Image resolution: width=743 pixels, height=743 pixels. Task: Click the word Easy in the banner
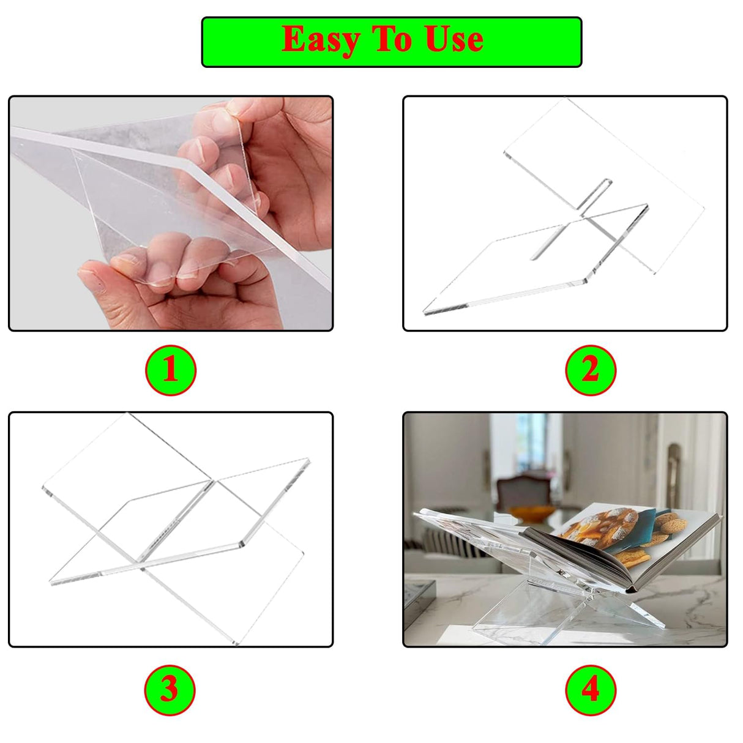pos(321,40)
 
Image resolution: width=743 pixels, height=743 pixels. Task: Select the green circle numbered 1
pos(171,370)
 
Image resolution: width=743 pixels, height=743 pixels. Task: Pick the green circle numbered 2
pos(591,370)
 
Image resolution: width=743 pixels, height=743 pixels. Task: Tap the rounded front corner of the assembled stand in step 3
pos(242,545)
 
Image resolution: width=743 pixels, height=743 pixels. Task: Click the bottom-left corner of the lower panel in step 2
pos(425,312)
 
